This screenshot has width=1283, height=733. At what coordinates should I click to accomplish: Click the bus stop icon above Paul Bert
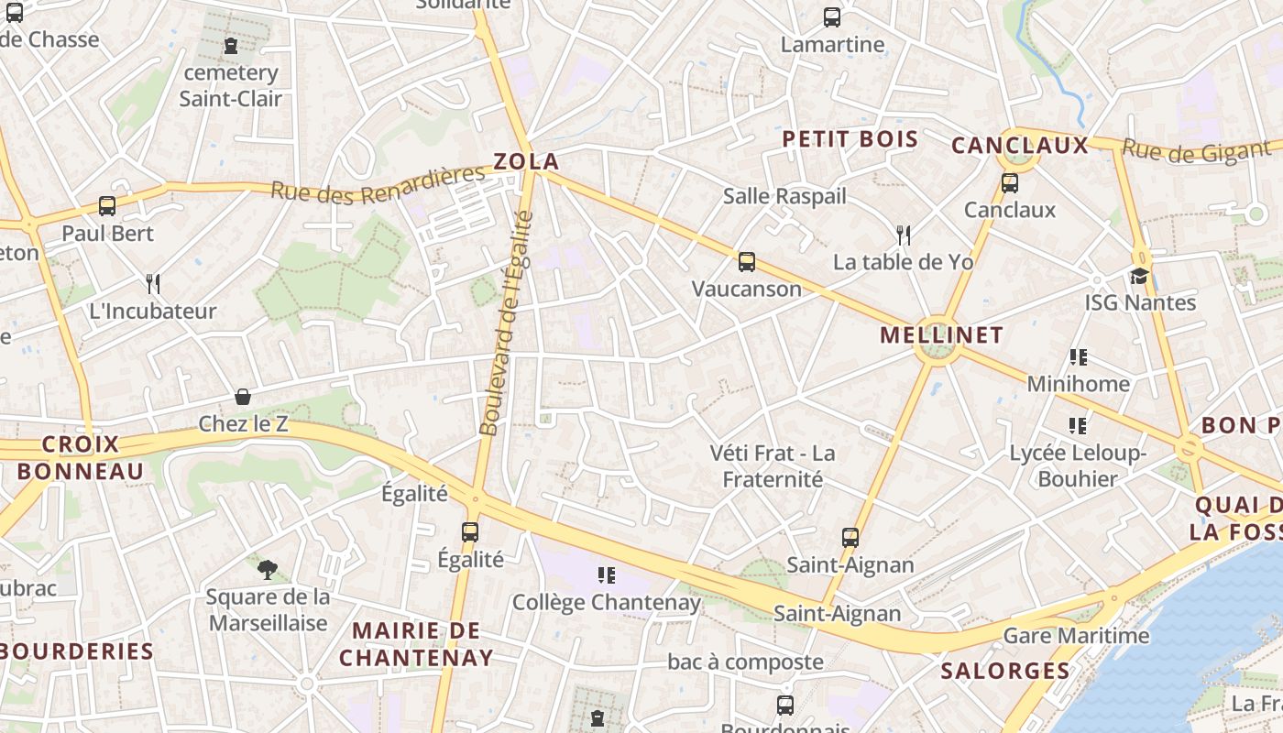coord(107,206)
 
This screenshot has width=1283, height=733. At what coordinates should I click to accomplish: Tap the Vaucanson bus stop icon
coord(747,262)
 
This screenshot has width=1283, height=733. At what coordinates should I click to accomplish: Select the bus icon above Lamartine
coord(832,17)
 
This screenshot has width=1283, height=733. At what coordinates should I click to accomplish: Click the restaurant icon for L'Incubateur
coord(153,284)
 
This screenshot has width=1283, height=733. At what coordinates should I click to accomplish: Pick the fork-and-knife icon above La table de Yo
coord(904,235)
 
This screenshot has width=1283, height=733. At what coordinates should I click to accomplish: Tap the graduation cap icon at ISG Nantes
coord(1139,276)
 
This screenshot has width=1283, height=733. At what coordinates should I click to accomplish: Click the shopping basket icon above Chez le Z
coord(243,397)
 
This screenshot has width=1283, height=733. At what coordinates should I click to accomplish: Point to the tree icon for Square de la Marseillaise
coord(267,570)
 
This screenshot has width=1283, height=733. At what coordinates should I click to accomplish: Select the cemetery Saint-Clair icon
coord(230,46)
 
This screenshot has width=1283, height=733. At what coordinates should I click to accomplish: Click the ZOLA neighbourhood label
coord(526,162)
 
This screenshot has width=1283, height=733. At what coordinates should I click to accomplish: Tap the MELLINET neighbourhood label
coord(941,335)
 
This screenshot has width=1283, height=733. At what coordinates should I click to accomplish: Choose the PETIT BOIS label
coord(850,139)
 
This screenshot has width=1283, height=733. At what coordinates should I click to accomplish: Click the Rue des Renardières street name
coord(377,183)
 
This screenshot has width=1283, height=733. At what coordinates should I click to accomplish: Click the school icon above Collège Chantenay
coord(606,575)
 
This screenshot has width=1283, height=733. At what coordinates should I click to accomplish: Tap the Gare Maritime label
coord(1076,635)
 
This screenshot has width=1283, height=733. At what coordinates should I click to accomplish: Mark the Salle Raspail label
coord(784,196)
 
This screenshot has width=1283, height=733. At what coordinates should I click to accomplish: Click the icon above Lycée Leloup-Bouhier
coord(1078,425)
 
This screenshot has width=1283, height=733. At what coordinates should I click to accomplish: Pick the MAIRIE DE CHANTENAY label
coord(416,644)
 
